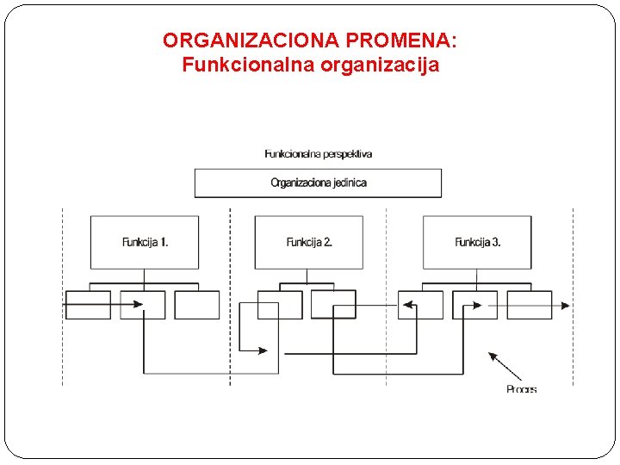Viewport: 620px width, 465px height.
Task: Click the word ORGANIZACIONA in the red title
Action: tap(251, 40)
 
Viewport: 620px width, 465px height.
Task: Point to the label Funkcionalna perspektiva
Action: tap(318, 154)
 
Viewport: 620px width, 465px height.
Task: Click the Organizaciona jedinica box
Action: tap(318, 183)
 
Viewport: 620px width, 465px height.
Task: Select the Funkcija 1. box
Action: tap(145, 242)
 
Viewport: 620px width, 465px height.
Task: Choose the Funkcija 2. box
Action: tap(308, 242)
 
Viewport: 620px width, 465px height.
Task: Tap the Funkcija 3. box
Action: tap(477, 242)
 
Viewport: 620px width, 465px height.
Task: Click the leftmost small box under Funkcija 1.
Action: tap(88, 305)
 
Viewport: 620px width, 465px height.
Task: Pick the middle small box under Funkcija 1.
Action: tap(143, 305)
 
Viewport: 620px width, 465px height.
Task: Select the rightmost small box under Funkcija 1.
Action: tap(197, 305)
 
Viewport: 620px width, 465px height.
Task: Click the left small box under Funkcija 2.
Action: tap(280, 305)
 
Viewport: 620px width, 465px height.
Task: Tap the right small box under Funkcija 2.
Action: tap(333, 305)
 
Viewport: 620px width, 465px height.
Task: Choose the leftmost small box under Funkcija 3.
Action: tap(421, 305)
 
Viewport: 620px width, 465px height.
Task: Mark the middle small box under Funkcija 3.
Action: tap(475, 305)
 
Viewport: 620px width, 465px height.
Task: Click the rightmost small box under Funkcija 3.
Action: tap(530, 305)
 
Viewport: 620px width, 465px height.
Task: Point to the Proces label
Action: tap(521, 389)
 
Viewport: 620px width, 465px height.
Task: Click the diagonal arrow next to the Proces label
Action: tap(505, 366)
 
